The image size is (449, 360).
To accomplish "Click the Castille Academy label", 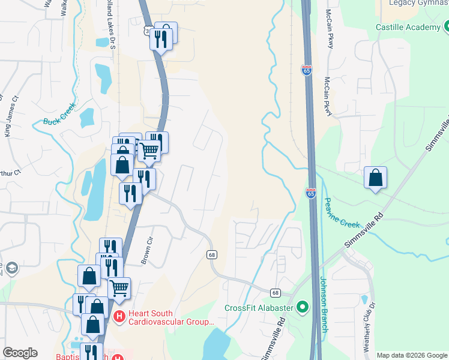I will pos(408,27).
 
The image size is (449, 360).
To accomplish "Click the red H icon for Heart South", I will pos(119,316).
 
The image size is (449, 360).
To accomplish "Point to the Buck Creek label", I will pos(60,114).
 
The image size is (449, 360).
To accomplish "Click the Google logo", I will pos(20,353).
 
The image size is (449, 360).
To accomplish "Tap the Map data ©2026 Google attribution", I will pos(412,355).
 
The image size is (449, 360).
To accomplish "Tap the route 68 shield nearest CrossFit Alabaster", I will pos(275,292).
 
